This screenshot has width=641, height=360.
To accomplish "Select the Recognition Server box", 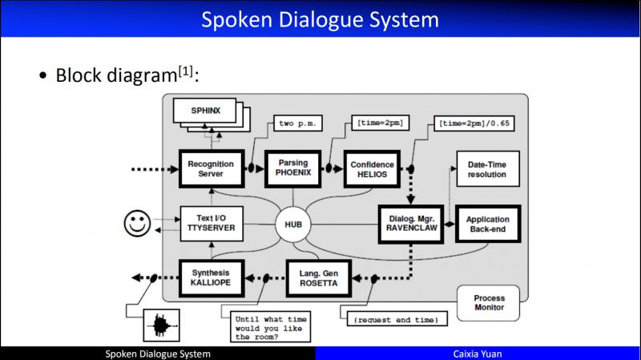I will click(210, 169).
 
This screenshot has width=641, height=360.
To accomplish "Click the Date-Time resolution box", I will click(486, 169).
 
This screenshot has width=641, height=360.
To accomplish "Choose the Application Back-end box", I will click(487, 225).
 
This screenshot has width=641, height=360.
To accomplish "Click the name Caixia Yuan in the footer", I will click(478, 354).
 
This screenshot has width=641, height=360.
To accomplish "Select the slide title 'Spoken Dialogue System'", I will click(320, 18).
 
